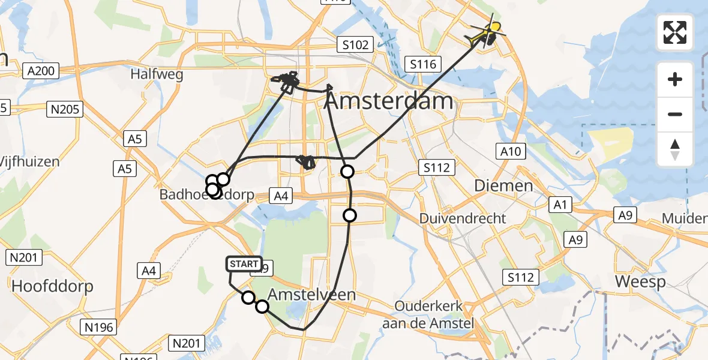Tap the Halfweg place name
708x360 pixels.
(x=157, y=74)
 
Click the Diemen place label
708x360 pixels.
(x=503, y=185)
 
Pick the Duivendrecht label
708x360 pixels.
(x=463, y=218)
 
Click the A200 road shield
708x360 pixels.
(x=41, y=71)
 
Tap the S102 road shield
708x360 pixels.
(x=355, y=44)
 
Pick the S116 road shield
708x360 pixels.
(x=424, y=64)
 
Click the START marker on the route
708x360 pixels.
(x=244, y=263)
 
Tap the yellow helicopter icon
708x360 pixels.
(x=487, y=34)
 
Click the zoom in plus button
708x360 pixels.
(x=675, y=79)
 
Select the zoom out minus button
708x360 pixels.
(x=675, y=114)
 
